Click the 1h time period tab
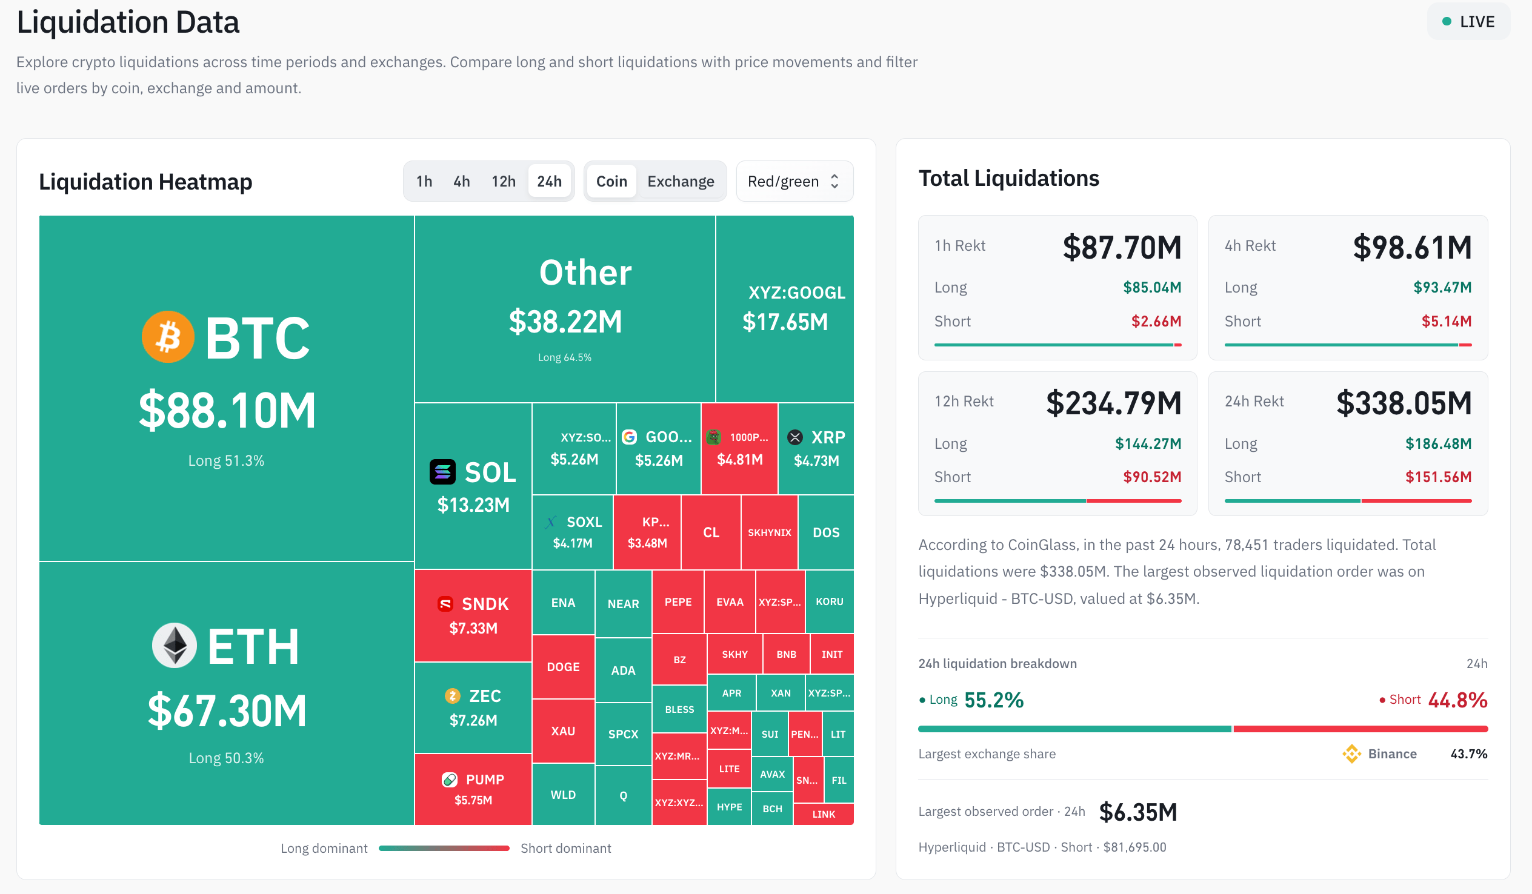click(x=424, y=181)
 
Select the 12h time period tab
click(x=504, y=181)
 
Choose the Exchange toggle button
click(x=681, y=181)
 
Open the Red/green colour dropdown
click(x=794, y=181)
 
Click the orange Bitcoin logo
click(x=168, y=337)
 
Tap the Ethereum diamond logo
click(x=175, y=646)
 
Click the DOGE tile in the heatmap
click(x=563, y=667)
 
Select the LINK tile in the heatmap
click(x=824, y=814)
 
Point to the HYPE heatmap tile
click(x=729, y=807)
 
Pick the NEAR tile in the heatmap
click(x=623, y=603)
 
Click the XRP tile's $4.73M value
click(x=816, y=461)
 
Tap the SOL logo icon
click(x=442, y=472)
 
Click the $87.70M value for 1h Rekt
click(x=1122, y=247)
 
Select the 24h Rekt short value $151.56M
click(x=1439, y=477)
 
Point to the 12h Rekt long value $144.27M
click(x=1148, y=443)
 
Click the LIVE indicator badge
click(x=1468, y=22)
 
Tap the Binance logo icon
click(x=1351, y=753)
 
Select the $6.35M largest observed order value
click(x=1138, y=812)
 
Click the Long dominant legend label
click(x=324, y=848)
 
